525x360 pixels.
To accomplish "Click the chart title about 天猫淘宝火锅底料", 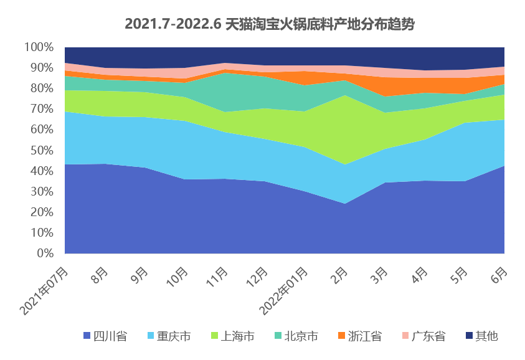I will pyautogui.click(x=269, y=24).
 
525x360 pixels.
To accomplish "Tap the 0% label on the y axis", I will pyautogui.click(x=44, y=253).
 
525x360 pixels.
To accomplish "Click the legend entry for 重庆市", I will pyautogui.click(x=169, y=336).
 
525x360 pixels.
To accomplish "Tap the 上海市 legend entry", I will pyautogui.click(x=232, y=336).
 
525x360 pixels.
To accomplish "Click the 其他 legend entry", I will pyautogui.click(x=482, y=336).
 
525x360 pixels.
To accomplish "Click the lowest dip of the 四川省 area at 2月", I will pyautogui.click(x=344, y=204).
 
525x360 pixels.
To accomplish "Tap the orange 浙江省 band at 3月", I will pyautogui.click(x=384, y=87).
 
